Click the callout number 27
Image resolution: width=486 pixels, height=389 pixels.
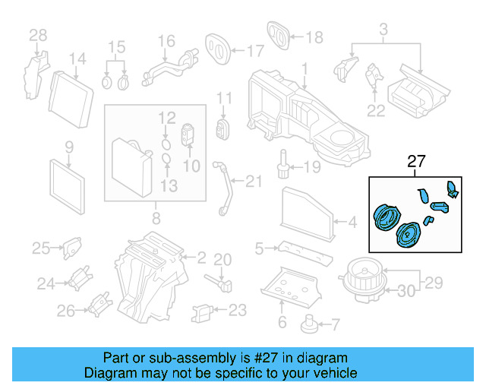click(417, 162)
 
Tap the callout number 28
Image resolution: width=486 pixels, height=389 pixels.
click(38, 35)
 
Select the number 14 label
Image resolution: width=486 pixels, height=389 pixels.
click(77, 59)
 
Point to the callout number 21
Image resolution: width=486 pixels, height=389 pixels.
click(253, 181)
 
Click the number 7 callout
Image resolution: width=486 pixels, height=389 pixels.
click(335, 324)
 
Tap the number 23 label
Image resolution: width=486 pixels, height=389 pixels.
click(238, 310)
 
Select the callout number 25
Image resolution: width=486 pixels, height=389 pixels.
click(40, 247)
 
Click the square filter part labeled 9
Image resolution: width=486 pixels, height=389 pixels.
click(68, 182)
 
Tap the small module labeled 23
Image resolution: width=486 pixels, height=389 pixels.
click(202, 312)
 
